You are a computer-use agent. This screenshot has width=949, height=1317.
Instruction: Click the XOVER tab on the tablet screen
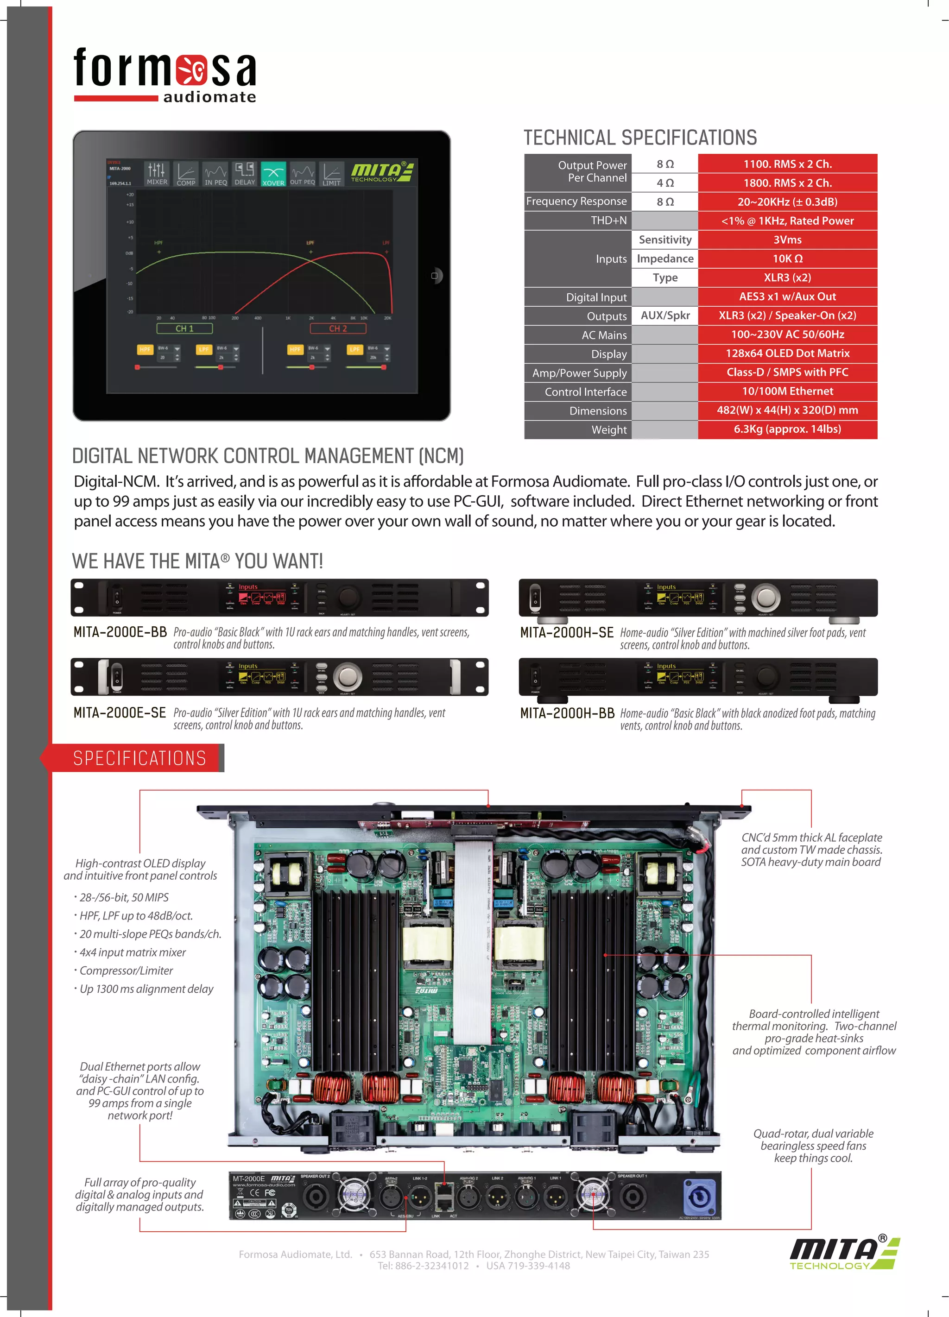click(273, 174)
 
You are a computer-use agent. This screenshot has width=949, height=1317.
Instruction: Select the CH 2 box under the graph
click(338, 328)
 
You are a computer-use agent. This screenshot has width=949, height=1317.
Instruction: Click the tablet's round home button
click(435, 276)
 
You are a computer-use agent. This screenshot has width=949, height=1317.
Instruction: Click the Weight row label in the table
click(609, 430)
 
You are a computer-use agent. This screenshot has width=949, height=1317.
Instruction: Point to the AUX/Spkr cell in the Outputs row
click(665, 315)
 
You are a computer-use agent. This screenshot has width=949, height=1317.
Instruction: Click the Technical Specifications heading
click(640, 138)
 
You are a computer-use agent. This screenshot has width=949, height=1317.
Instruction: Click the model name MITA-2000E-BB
click(120, 632)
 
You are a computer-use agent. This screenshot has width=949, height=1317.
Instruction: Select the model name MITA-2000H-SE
click(567, 632)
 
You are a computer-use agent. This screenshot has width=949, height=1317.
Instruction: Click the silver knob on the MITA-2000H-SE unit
click(766, 597)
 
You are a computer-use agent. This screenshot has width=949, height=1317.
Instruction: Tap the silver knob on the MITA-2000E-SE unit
click(348, 676)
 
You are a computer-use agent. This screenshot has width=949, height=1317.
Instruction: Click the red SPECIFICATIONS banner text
click(139, 758)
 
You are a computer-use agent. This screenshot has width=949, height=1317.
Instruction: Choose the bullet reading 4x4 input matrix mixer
click(133, 952)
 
